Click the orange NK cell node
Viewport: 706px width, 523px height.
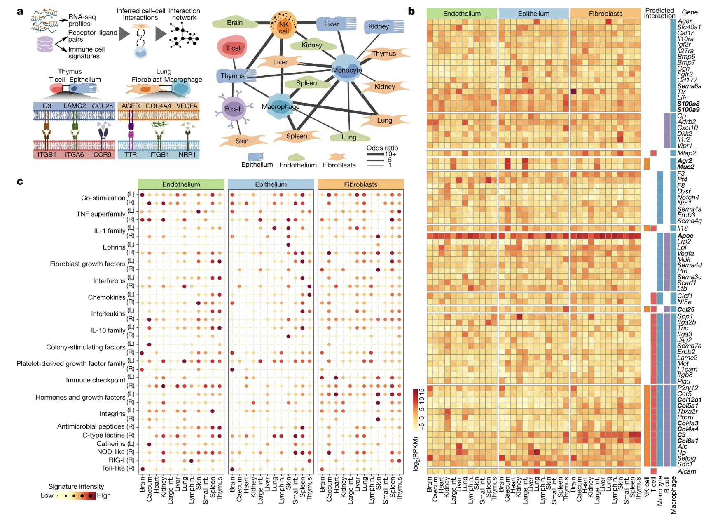(283, 26)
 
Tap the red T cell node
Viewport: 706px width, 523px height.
(233, 49)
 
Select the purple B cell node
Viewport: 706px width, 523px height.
(234, 109)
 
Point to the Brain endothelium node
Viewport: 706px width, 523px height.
(235, 23)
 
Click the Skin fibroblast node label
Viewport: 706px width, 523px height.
(242, 141)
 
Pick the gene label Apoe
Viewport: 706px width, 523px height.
(685, 236)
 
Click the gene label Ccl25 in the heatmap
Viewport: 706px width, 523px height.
(686, 309)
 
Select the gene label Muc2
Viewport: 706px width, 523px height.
(686, 167)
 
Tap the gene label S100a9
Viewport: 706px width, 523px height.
(688, 110)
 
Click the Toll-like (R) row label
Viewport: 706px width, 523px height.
(118, 469)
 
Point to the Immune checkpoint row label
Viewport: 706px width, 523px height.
(96, 380)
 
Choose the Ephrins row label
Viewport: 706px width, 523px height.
(114, 247)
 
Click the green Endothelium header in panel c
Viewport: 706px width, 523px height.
(181, 184)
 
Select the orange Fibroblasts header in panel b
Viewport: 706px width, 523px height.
(605, 14)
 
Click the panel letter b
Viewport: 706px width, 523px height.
(411, 12)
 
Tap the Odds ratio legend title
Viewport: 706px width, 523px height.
(382, 148)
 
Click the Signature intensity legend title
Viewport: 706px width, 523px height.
(76, 487)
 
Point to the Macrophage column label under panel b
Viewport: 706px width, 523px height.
(673, 495)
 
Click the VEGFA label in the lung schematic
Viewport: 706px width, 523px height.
(187, 106)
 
